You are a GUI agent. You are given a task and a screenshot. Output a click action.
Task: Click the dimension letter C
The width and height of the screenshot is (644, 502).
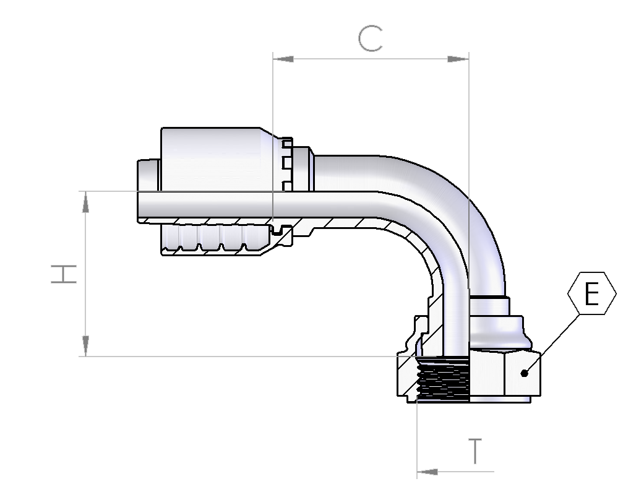371,39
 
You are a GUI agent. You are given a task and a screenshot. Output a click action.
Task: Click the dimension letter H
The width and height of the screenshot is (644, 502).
64,274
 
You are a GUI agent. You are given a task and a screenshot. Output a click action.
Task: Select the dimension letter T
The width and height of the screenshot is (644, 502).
475,451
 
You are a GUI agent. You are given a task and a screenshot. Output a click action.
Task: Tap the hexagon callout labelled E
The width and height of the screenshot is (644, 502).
592,293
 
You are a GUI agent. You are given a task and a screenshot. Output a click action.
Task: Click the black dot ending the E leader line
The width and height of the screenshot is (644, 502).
524,373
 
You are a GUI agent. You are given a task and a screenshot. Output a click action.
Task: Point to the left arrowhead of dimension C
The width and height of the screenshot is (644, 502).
283,59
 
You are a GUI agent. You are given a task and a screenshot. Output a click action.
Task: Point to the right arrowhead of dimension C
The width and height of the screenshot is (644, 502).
458,59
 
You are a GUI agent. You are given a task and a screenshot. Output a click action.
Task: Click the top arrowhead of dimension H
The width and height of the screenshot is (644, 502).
85,202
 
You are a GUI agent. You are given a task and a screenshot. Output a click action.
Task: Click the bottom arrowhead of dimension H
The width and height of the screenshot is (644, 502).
85,346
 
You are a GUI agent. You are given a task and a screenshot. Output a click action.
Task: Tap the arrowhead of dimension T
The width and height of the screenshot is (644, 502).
427,472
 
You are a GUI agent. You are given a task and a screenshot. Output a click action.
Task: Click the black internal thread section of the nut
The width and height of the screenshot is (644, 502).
443,379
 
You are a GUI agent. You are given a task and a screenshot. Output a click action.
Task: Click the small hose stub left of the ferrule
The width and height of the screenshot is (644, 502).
148,175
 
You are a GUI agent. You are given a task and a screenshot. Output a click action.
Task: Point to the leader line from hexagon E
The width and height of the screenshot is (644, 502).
552,344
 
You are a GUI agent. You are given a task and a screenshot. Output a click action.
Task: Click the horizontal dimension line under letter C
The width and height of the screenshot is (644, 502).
371,59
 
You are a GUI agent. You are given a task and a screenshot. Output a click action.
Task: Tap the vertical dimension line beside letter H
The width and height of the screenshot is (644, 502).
85,274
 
